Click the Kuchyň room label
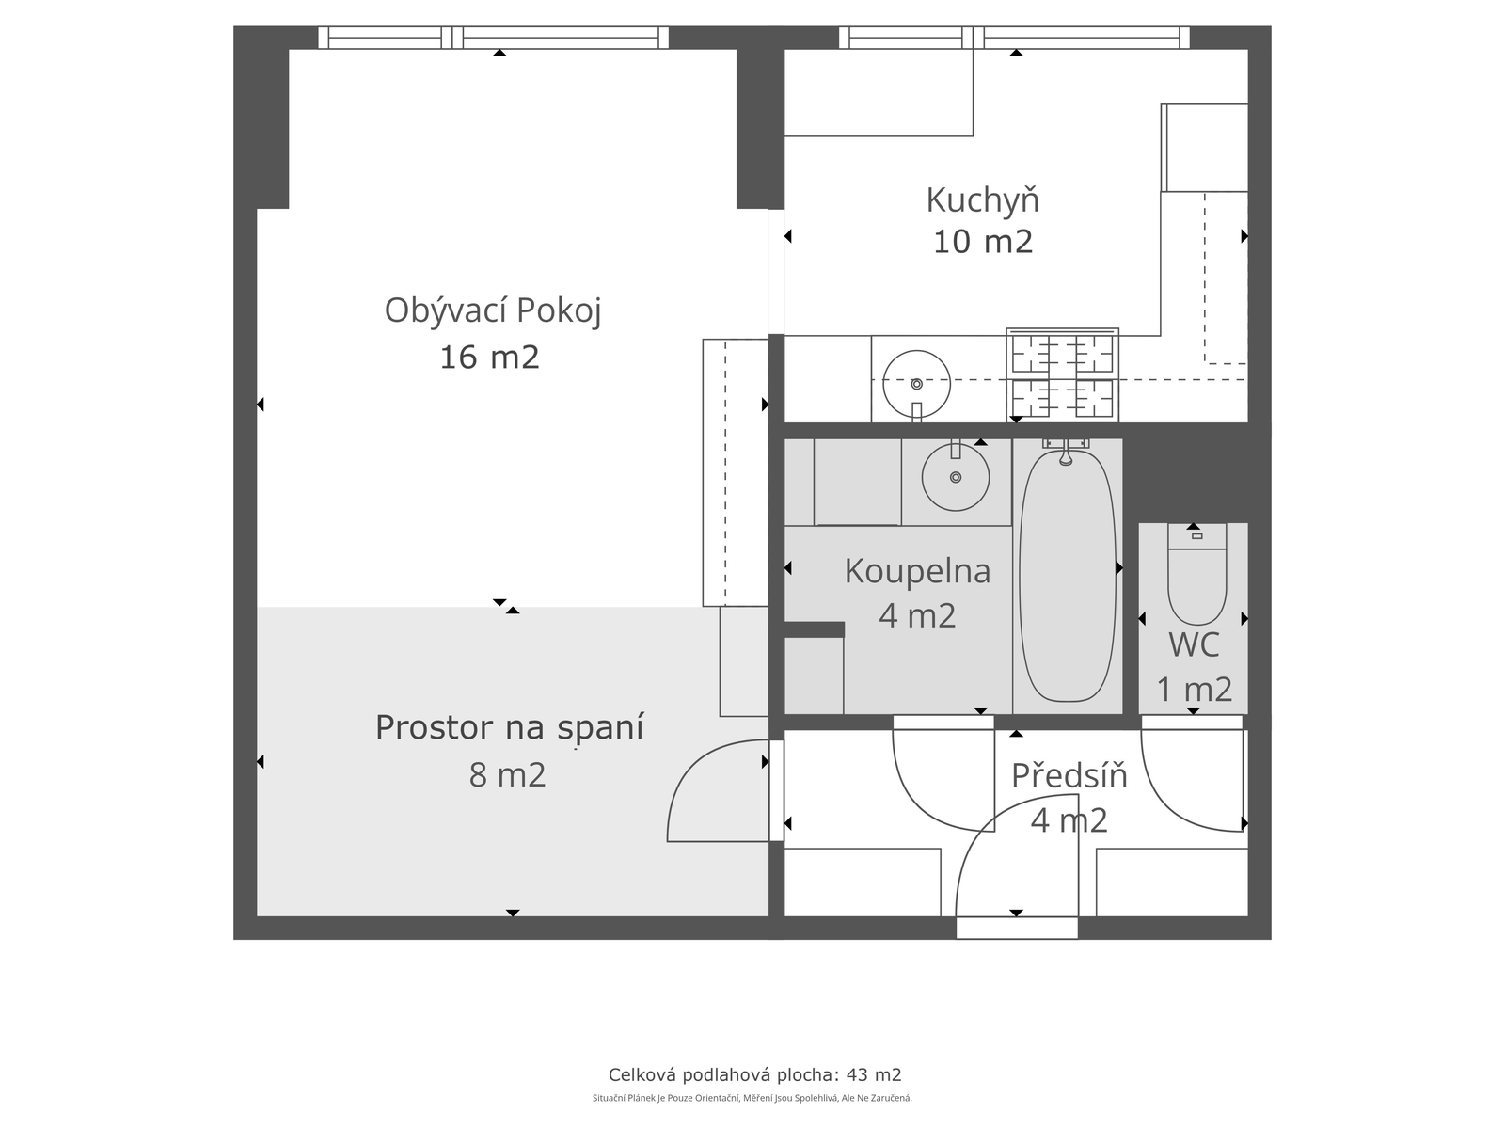pyautogui.click(x=983, y=200)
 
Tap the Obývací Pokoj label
pyautogui.click(x=493, y=310)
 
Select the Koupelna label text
pyautogui.click(x=917, y=571)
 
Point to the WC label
pyautogui.click(x=1194, y=645)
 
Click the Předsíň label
pyautogui.click(x=1069, y=775)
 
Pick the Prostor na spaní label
pyautogui.click(x=510, y=728)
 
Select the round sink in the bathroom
pyautogui.click(x=955, y=477)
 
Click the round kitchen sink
pyautogui.click(x=916, y=384)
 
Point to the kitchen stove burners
pyautogui.click(x=1062, y=375)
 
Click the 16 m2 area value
pyautogui.click(x=489, y=358)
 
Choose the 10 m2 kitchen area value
pyautogui.click(x=983, y=242)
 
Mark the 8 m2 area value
pyautogui.click(x=507, y=775)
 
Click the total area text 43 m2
pyautogui.click(x=874, y=1074)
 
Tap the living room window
pyautogui.click(x=494, y=38)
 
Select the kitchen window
pyautogui.click(x=1015, y=38)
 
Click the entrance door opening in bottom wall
pyautogui.click(x=1017, y=929)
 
